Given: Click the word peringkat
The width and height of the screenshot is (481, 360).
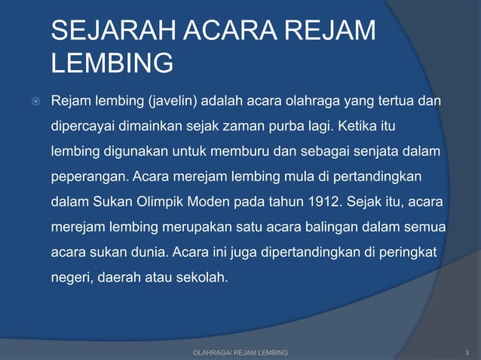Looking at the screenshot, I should coord(410,252).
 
